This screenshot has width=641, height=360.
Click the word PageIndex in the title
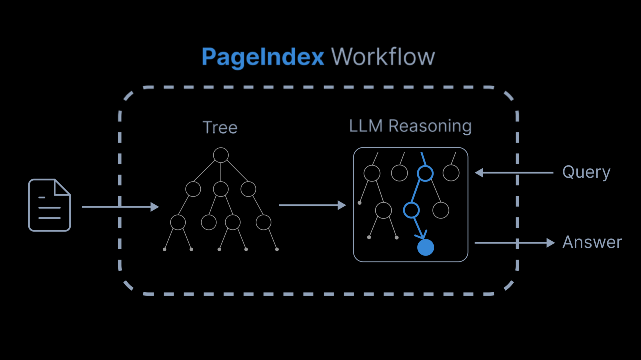(x=262, y=57)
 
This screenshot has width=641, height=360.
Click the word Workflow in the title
(x=383, y=57)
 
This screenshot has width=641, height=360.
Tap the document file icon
(x=49, y=205)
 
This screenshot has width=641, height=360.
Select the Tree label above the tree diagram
(x=220, y=127)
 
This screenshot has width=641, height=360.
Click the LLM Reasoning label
(x=410, y=126)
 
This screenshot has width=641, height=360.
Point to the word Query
(x=586, y=172)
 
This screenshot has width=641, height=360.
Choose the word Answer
(x=592, y=242)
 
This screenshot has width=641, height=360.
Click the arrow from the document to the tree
(x=120, y=206)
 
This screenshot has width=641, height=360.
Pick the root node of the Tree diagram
(x=221, y=155)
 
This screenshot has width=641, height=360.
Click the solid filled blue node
(x=425, y=247)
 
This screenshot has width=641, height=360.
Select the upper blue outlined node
(x=425, y=173)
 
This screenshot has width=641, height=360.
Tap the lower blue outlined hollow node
(x=411, y=210)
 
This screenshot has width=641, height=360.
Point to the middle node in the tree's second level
(x=221, y=189)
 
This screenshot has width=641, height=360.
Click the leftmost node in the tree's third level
(x=178, y=222)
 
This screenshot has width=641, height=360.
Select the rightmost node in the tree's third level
(x=263, y=222)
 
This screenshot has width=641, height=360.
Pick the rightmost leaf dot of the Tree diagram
(x=277, y=249)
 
